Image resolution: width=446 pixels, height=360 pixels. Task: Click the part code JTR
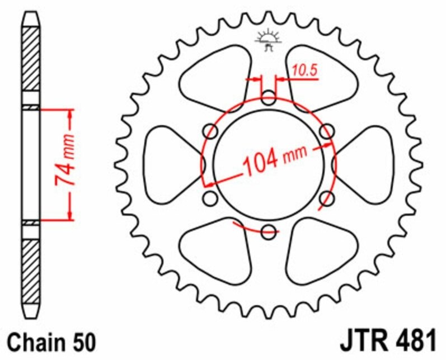tap(364, 340)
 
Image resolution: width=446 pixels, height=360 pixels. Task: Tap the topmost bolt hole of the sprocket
tap(269, 101)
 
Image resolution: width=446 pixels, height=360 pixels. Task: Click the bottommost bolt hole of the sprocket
tap(269, 230)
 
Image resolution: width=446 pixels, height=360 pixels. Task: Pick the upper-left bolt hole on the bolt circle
tap(211, 132)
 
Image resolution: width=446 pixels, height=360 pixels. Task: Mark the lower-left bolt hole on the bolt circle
tap(211, 198)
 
